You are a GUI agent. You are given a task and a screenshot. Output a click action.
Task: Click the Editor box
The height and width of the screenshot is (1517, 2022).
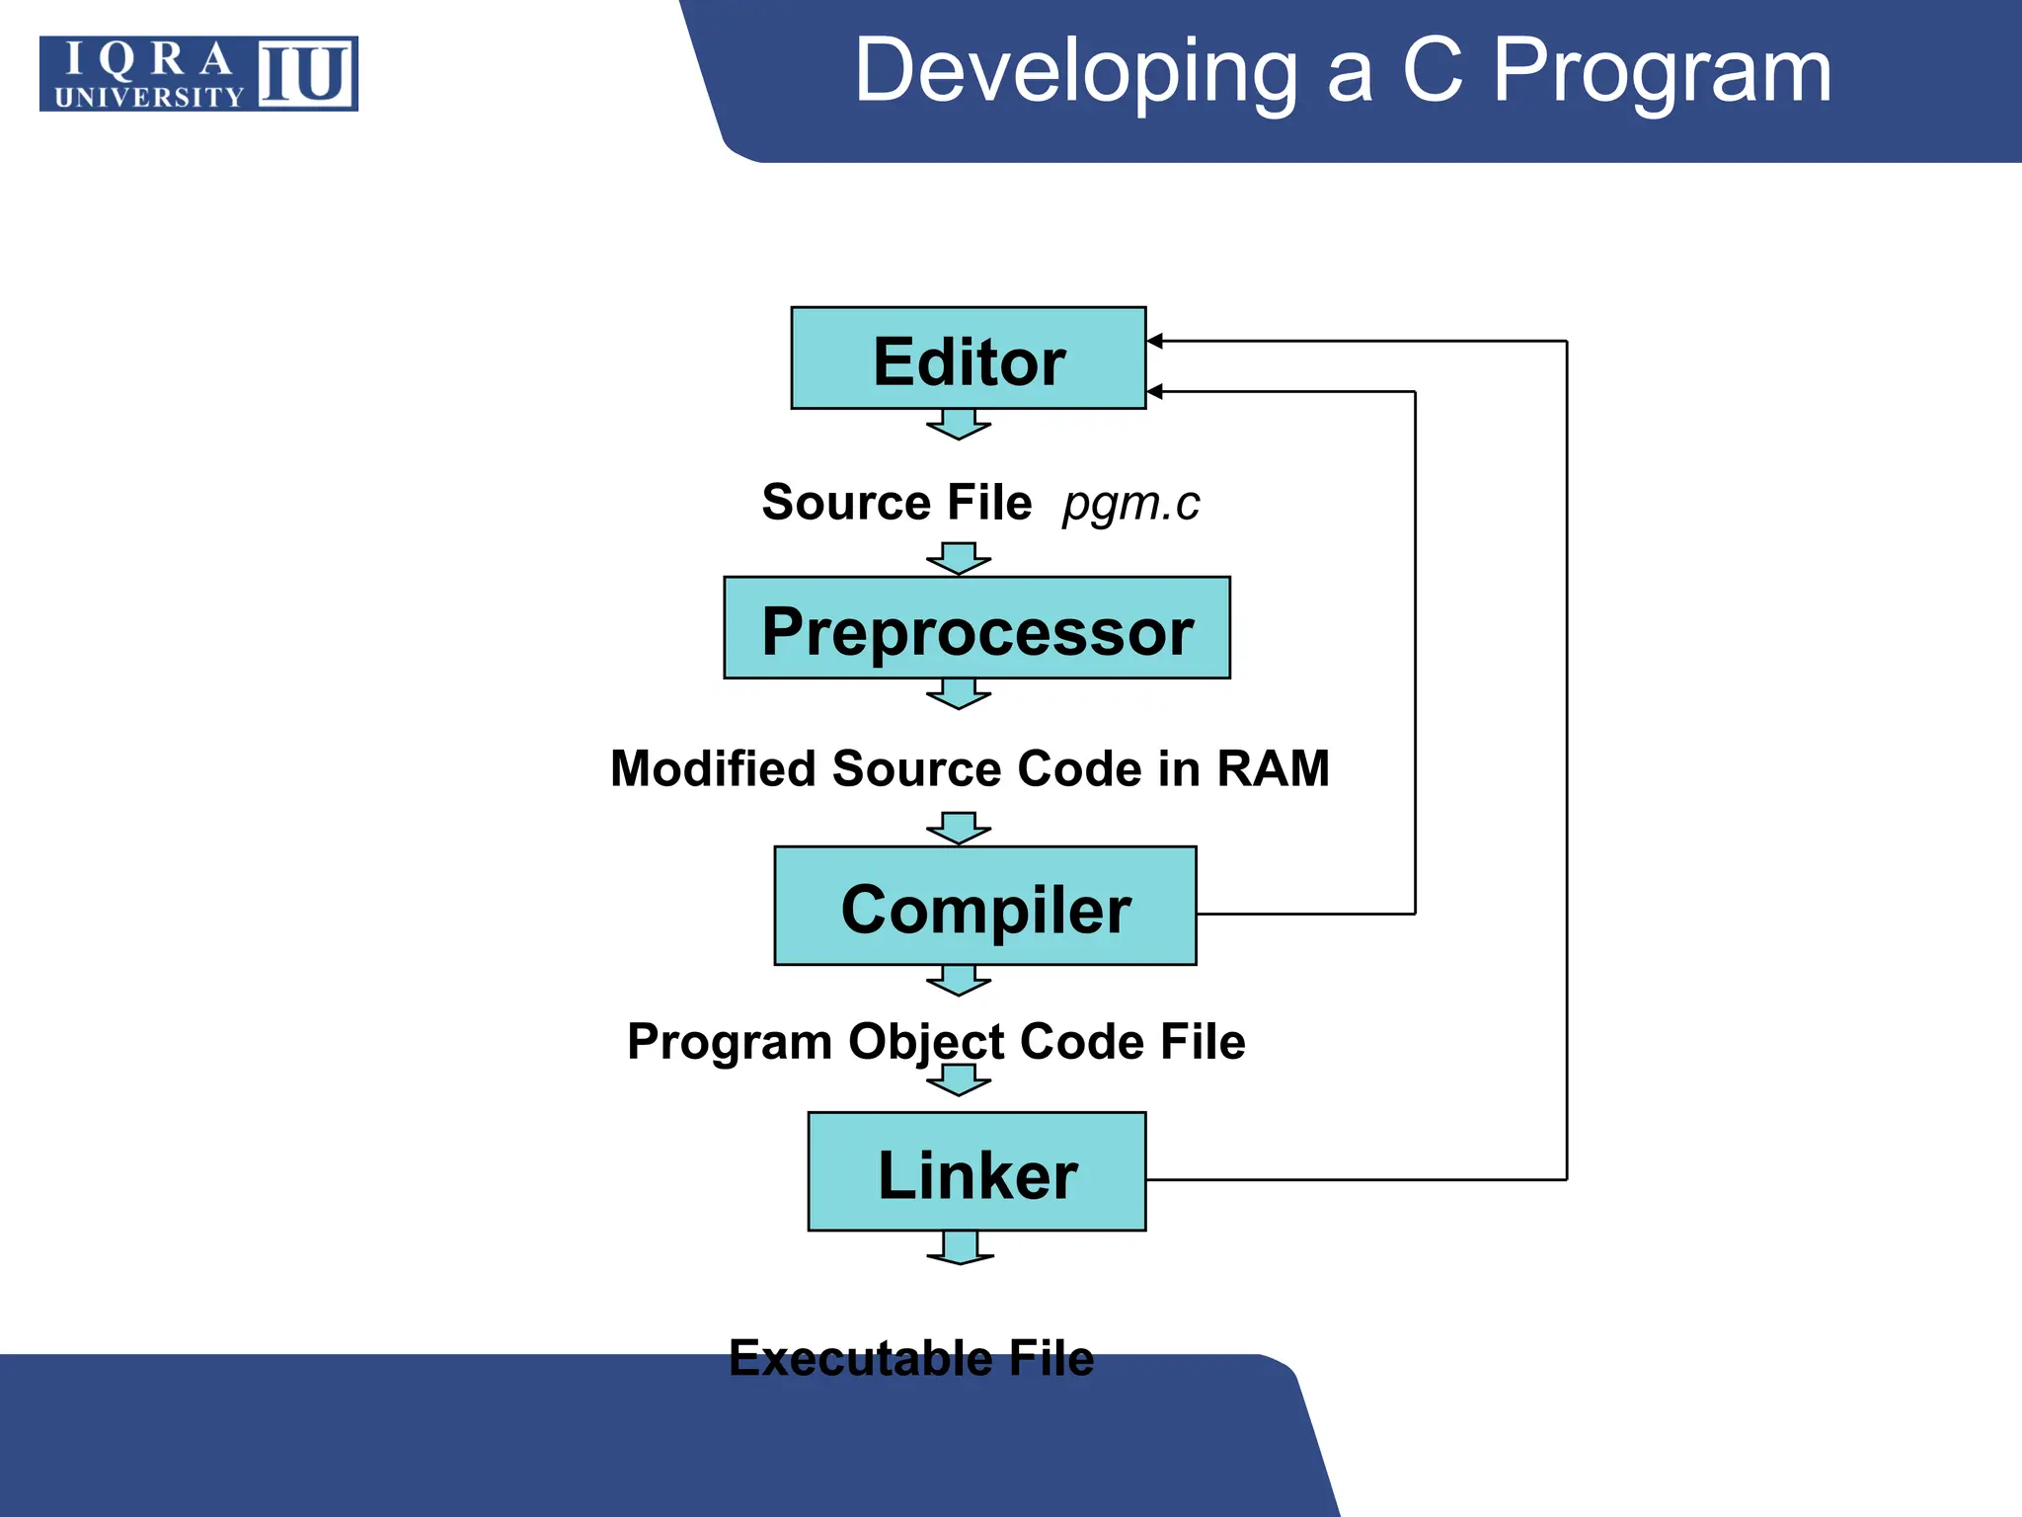pos(968,359)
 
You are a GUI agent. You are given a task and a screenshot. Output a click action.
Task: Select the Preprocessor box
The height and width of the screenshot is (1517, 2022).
pos(976,628)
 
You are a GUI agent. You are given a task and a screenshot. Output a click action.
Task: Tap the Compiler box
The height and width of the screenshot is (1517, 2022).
pos(984,906)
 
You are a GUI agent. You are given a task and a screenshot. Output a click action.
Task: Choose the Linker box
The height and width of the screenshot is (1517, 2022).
pos(976,1172)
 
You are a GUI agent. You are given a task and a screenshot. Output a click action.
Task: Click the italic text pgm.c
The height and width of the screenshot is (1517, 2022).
pos(1130,504)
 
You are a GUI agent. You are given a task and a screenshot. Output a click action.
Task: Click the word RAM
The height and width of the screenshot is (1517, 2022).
pos(1273,768)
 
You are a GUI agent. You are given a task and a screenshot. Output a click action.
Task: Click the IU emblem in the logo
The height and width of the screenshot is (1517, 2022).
pos(306,74)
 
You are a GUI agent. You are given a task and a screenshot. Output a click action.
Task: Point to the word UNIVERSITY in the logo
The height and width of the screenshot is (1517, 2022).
pos(148,97)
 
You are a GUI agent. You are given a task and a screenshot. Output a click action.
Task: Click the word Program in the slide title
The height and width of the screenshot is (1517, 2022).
pos(1662,71)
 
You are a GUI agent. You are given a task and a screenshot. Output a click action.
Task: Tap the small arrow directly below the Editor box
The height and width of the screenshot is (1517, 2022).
pos(958,424)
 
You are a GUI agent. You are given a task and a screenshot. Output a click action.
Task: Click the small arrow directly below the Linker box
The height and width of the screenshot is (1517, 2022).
pos(960,1247)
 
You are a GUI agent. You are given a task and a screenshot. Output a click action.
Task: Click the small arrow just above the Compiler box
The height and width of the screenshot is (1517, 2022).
pos(958,829)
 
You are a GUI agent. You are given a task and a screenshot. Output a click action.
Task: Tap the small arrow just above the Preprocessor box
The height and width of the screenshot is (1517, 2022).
pos(958,558)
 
